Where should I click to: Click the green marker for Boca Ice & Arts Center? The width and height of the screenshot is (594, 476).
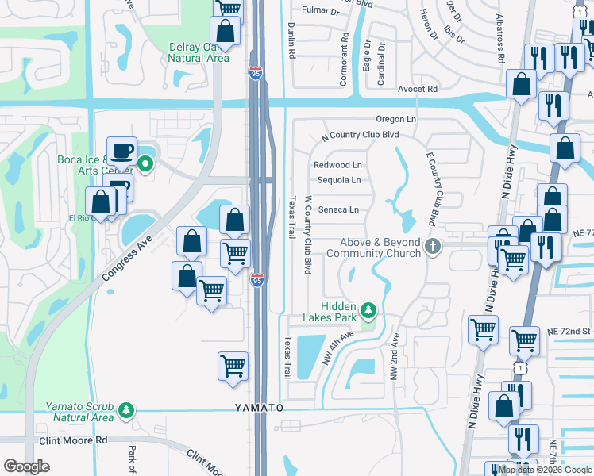[145, 165]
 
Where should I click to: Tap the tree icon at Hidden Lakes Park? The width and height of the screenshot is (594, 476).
[368, 308]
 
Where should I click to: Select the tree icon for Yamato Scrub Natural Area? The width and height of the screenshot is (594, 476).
[125, 409]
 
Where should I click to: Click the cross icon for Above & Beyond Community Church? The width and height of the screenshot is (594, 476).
[433, 247]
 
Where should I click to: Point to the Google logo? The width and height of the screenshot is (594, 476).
[26, 466]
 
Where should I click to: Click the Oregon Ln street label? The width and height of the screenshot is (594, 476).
[396, 119]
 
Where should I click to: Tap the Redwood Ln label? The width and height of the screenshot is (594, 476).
[337, 165]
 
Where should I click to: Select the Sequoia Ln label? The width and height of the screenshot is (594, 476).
[339, 180]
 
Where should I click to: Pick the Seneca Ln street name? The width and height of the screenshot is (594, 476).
[338, 210]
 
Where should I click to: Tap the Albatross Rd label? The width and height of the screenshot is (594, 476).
[501, 38]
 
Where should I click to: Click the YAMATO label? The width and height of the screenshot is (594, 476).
[258, 407]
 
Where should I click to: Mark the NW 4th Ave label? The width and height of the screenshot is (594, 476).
[337, 347]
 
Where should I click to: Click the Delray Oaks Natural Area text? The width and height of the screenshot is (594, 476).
[199, 52]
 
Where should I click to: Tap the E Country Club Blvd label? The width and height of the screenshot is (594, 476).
[432, 187]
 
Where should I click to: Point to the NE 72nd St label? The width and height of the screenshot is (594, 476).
[575, 329]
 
